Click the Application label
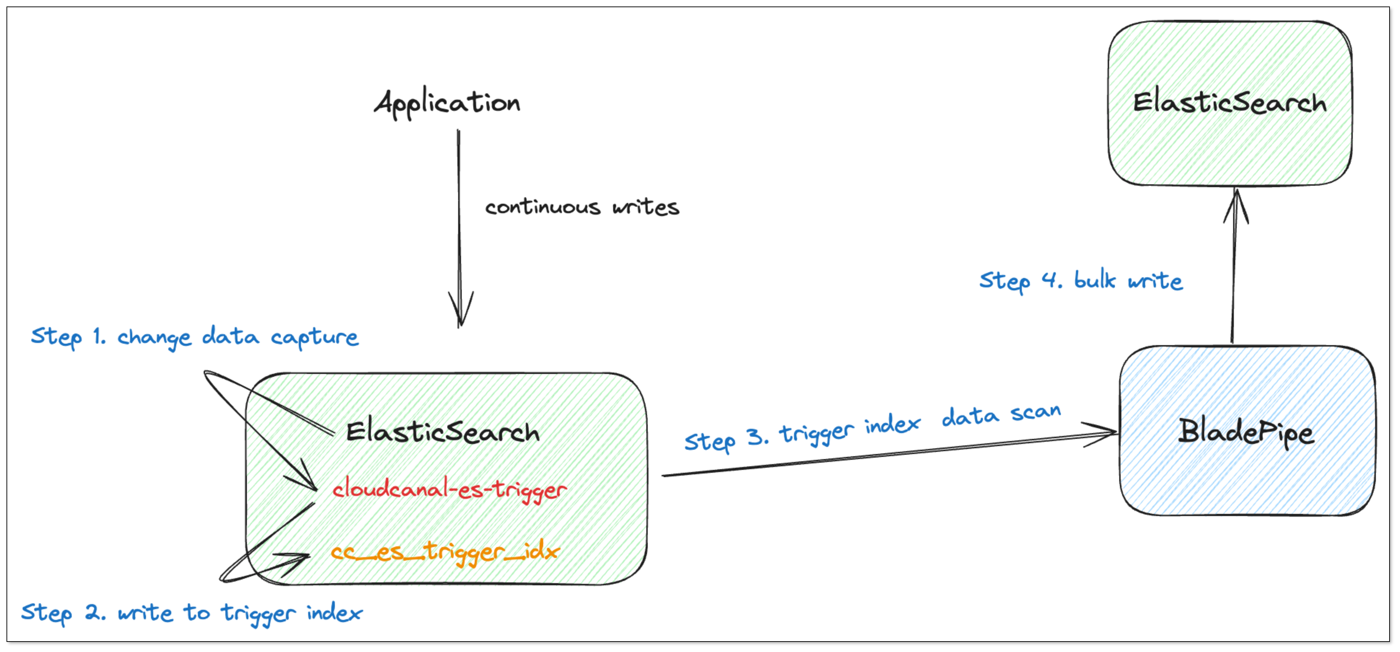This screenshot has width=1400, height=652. [x=447, y=103]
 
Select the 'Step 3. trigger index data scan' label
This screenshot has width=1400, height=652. [x=872, y=427]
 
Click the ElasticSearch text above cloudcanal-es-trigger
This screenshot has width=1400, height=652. [x=442, y=432]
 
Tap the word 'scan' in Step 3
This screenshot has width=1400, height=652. [x=1035, y=412]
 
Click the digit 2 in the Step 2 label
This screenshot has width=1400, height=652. [x=93, y=613]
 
